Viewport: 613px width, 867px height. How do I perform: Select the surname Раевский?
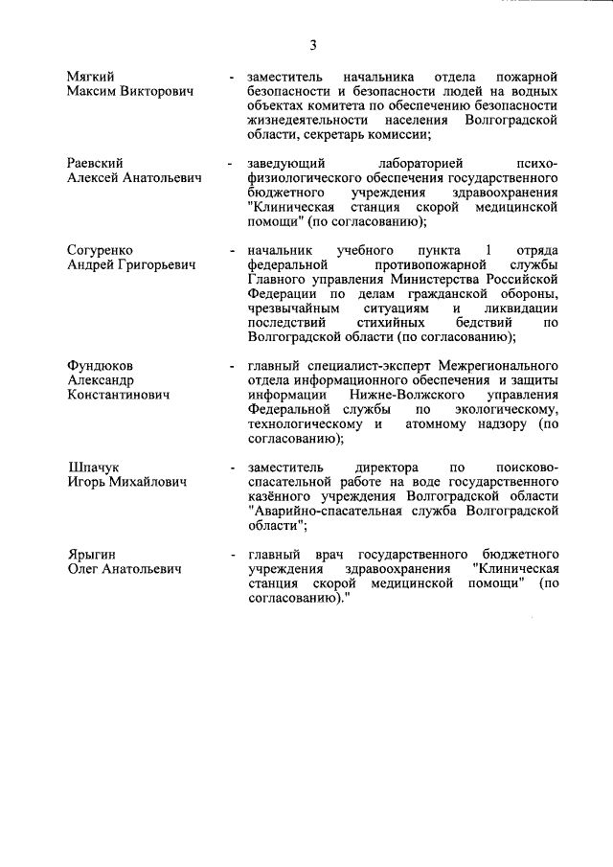(x=97, y=163)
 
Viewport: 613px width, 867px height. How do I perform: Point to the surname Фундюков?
(x=101, y=366)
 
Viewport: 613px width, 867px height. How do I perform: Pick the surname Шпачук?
(x=93, y=467)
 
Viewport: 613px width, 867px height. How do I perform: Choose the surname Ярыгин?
(x=91, y=555)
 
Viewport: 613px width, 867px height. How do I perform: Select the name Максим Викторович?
(x=130, y=90)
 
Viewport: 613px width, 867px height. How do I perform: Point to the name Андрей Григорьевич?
(x=131, y=265)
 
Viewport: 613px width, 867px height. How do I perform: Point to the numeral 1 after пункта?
(x=488, y=250)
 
